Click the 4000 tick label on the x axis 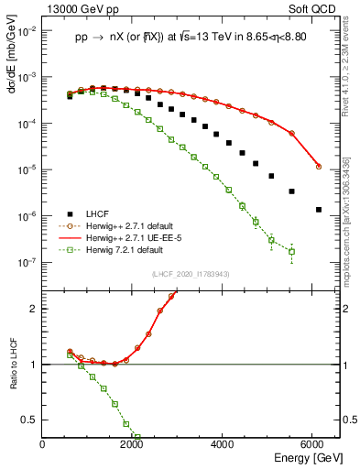224,445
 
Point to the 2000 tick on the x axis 133,445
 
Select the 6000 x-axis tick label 314,445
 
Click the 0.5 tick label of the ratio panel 30,420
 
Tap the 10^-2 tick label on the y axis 27,30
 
